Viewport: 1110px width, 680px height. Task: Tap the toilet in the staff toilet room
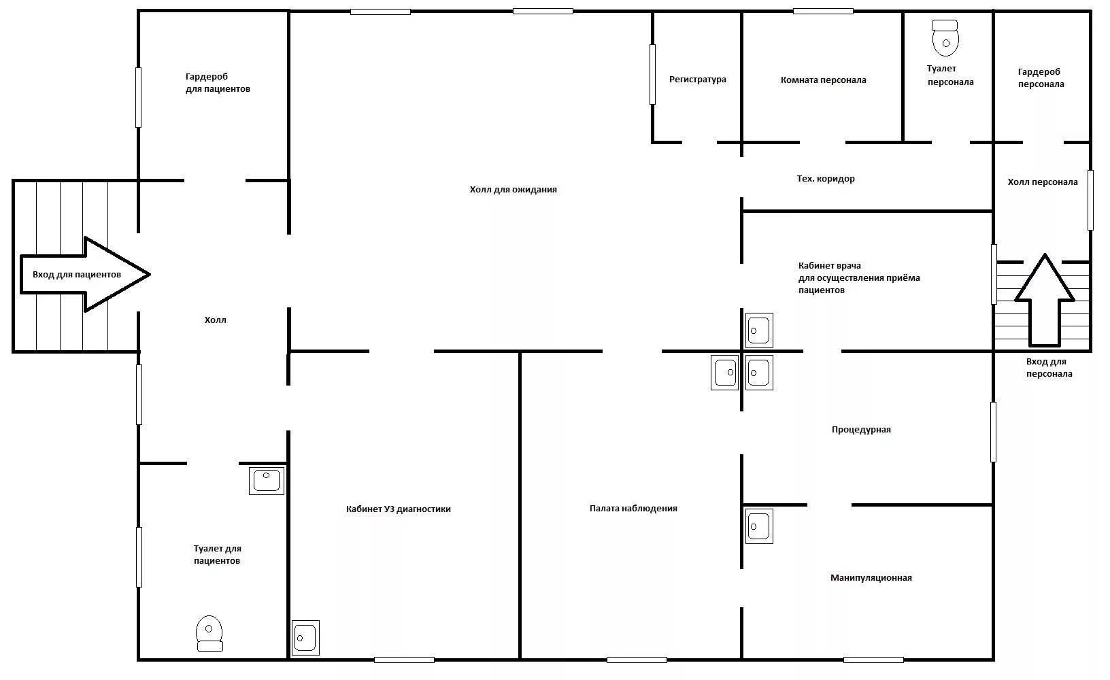945,38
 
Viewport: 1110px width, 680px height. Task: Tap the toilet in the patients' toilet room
209,633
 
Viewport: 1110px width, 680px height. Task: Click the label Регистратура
697,80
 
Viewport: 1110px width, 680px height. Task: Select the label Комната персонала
823,80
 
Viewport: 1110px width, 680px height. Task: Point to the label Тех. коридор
826,179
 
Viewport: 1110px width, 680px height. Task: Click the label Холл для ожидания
513,190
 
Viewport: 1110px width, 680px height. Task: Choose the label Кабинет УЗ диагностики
398,509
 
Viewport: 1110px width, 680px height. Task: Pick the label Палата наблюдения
633,509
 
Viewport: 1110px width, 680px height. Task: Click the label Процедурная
861,430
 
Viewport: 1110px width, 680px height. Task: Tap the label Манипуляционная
871,578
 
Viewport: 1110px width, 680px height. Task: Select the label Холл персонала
1042,182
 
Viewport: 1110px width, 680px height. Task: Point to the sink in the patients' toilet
267,480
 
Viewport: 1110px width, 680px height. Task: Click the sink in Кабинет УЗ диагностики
305,638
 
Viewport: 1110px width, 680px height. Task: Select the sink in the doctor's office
758,330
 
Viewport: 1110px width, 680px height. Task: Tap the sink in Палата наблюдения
724,372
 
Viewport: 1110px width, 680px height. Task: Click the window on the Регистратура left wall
652,74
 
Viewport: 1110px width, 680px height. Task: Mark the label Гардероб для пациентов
218,83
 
